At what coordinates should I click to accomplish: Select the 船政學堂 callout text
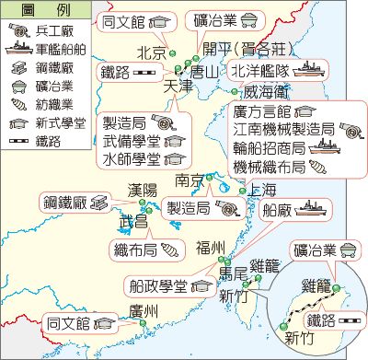click(162, 285)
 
